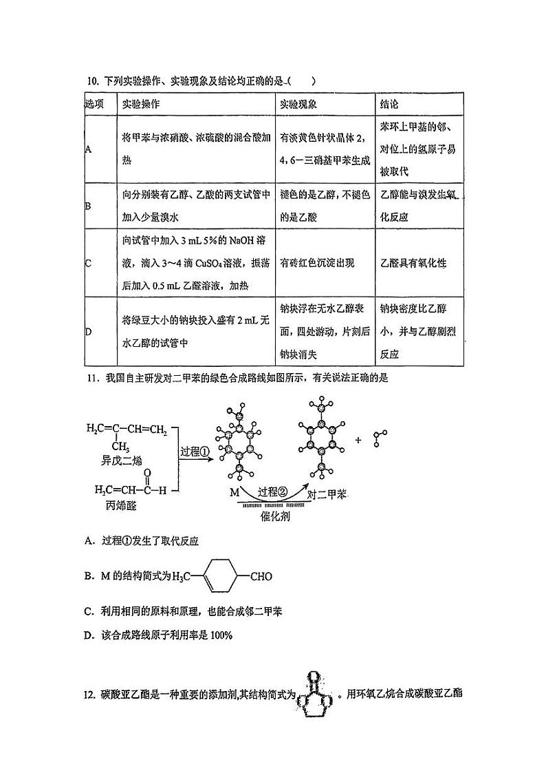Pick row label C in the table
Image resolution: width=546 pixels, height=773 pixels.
pos(88,264)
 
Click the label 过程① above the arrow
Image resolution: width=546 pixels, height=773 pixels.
pos(195,452)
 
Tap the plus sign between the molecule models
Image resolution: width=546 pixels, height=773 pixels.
pos(358,439)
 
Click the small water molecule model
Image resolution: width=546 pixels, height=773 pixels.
pos(381,438)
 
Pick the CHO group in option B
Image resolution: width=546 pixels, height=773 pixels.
pos(261,577)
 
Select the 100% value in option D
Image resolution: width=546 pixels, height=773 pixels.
pos(221,635)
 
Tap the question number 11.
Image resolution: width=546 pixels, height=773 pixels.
pos(91,377)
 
